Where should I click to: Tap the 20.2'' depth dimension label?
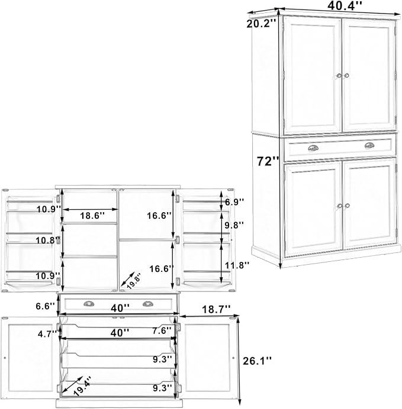coord(261,24)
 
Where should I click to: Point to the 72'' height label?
coord(268,161)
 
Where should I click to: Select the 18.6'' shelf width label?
coord(92,216)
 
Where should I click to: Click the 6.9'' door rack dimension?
coord(234,202)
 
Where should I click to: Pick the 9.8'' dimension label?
coord(234,225)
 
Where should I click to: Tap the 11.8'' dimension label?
coord(237,265)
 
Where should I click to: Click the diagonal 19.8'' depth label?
coord(134,281)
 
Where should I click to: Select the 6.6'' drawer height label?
coord(46,306)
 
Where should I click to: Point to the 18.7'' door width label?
coord(216,309)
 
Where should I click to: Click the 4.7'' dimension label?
coord(47,333)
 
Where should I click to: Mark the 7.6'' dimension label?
coord(162,330)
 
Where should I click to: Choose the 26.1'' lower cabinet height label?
coord(258,361)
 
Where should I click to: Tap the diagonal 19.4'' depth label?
coord(82,385)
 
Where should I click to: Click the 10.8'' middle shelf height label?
coord(48,240)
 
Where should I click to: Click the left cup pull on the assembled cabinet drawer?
coord(313,148)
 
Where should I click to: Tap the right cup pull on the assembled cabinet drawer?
coord(369,145)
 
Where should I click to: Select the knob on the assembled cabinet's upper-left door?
coord(339,76)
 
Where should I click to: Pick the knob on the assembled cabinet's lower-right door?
coord(347,206)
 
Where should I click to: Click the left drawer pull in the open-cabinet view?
coord(89,303)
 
